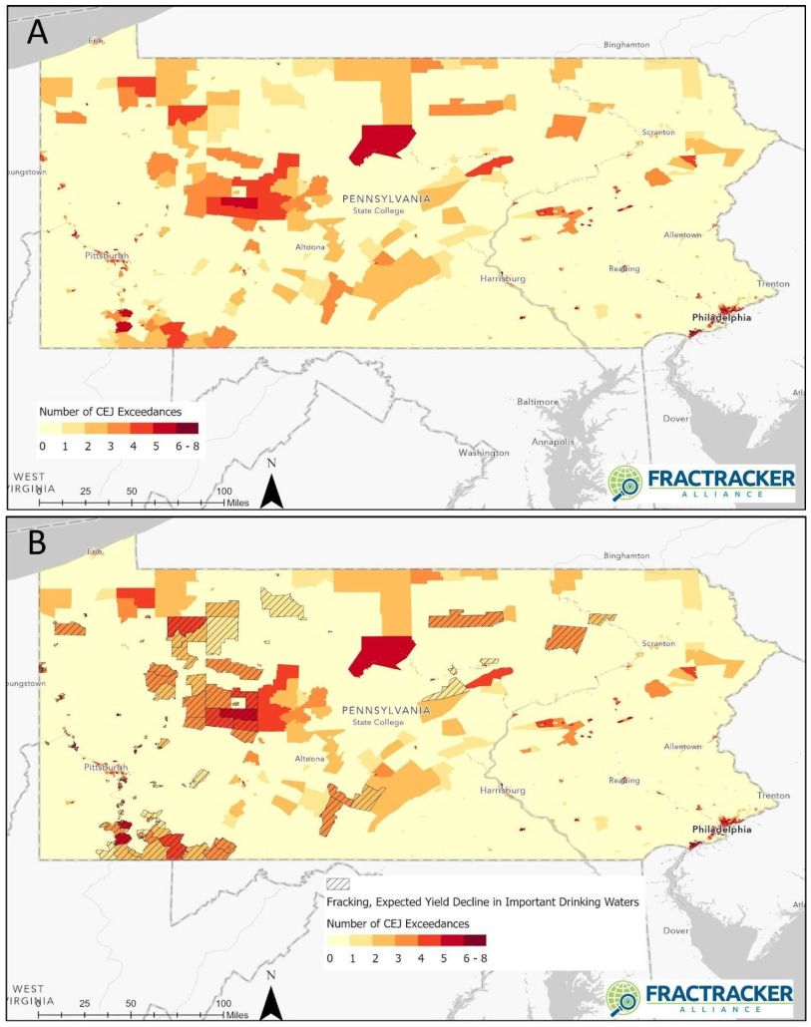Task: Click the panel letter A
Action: [38, 32]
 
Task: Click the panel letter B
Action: [38, 542]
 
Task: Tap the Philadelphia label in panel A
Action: [723, 318]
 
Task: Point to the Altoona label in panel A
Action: [310, 246]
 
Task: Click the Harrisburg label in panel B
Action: [502, 790]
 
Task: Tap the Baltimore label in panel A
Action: [538, 401]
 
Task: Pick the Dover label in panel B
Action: [677, 930]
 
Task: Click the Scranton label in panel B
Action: [658, 643]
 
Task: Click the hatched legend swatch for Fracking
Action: [339, 883]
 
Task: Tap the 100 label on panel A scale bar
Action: [224, 492]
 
